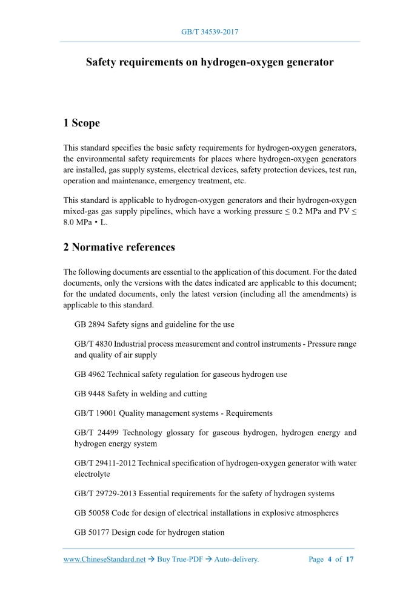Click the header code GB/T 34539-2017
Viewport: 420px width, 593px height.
click(x=210, y=31)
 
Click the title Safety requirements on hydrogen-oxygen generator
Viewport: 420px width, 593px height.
click(x=210, y=62)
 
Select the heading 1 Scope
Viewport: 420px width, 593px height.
click(x=81, y=123)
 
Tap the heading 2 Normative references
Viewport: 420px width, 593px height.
click(x=119, y=247)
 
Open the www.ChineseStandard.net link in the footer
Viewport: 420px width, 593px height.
click(x=104, y=560)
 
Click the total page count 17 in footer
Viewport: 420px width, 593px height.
click(x=350, y=560)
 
